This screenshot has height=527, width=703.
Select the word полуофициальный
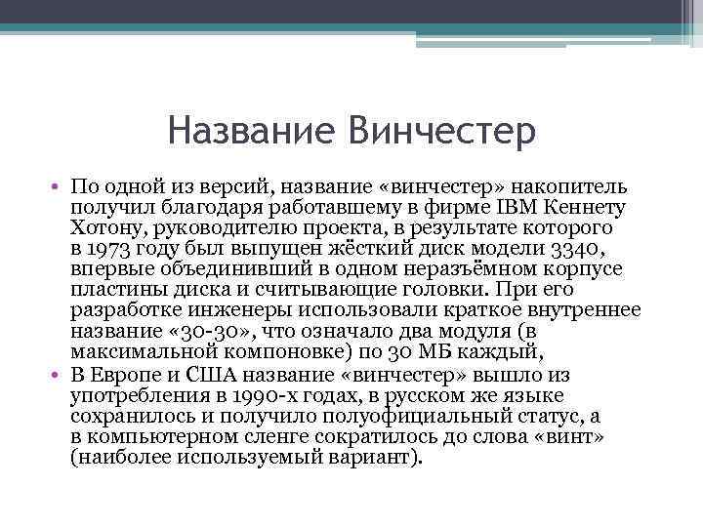[x=423, y=417]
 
